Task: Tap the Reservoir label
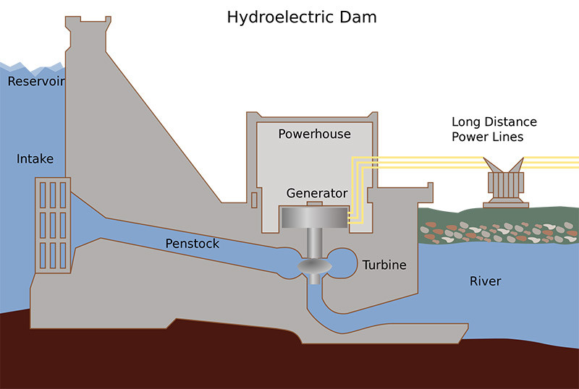click(35, 82)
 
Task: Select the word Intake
click(35, 158)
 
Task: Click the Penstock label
click(192, 244)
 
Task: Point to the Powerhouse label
click(314, 134)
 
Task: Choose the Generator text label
click(316, 193)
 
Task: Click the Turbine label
click(384, 265)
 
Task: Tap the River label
click(485, 281)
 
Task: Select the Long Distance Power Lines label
click(494, 129)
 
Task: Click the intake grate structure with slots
click(52, 225)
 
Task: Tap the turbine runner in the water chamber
click(314, 268)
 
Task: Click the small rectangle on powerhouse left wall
click(254, 199)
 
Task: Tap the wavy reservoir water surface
click(29, 69)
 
